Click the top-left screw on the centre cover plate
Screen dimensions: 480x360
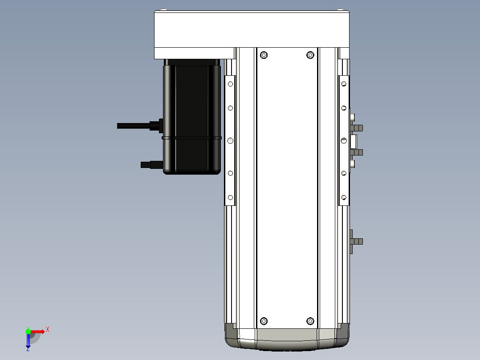pyautogui.click(x=264, y=55)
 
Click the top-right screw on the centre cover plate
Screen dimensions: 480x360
pyautogui.click(x=310, y=55)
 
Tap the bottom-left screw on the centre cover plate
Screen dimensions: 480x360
pyautogui.click(x=264, y=321)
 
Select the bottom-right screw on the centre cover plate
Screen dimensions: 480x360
pyautogui.click(x=310, y=321)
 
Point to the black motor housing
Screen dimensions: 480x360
pyautogui.click(x=192, y=116)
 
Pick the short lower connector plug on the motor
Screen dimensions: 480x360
pyautogui.click(x=152, y=165)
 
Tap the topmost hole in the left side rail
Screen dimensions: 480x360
pyautogui.click(x=231, y=84)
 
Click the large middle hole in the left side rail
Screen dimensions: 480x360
pyautogui.click(x=231, y=141)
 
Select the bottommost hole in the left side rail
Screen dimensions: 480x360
pyautogui.click(x=231, y=198)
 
